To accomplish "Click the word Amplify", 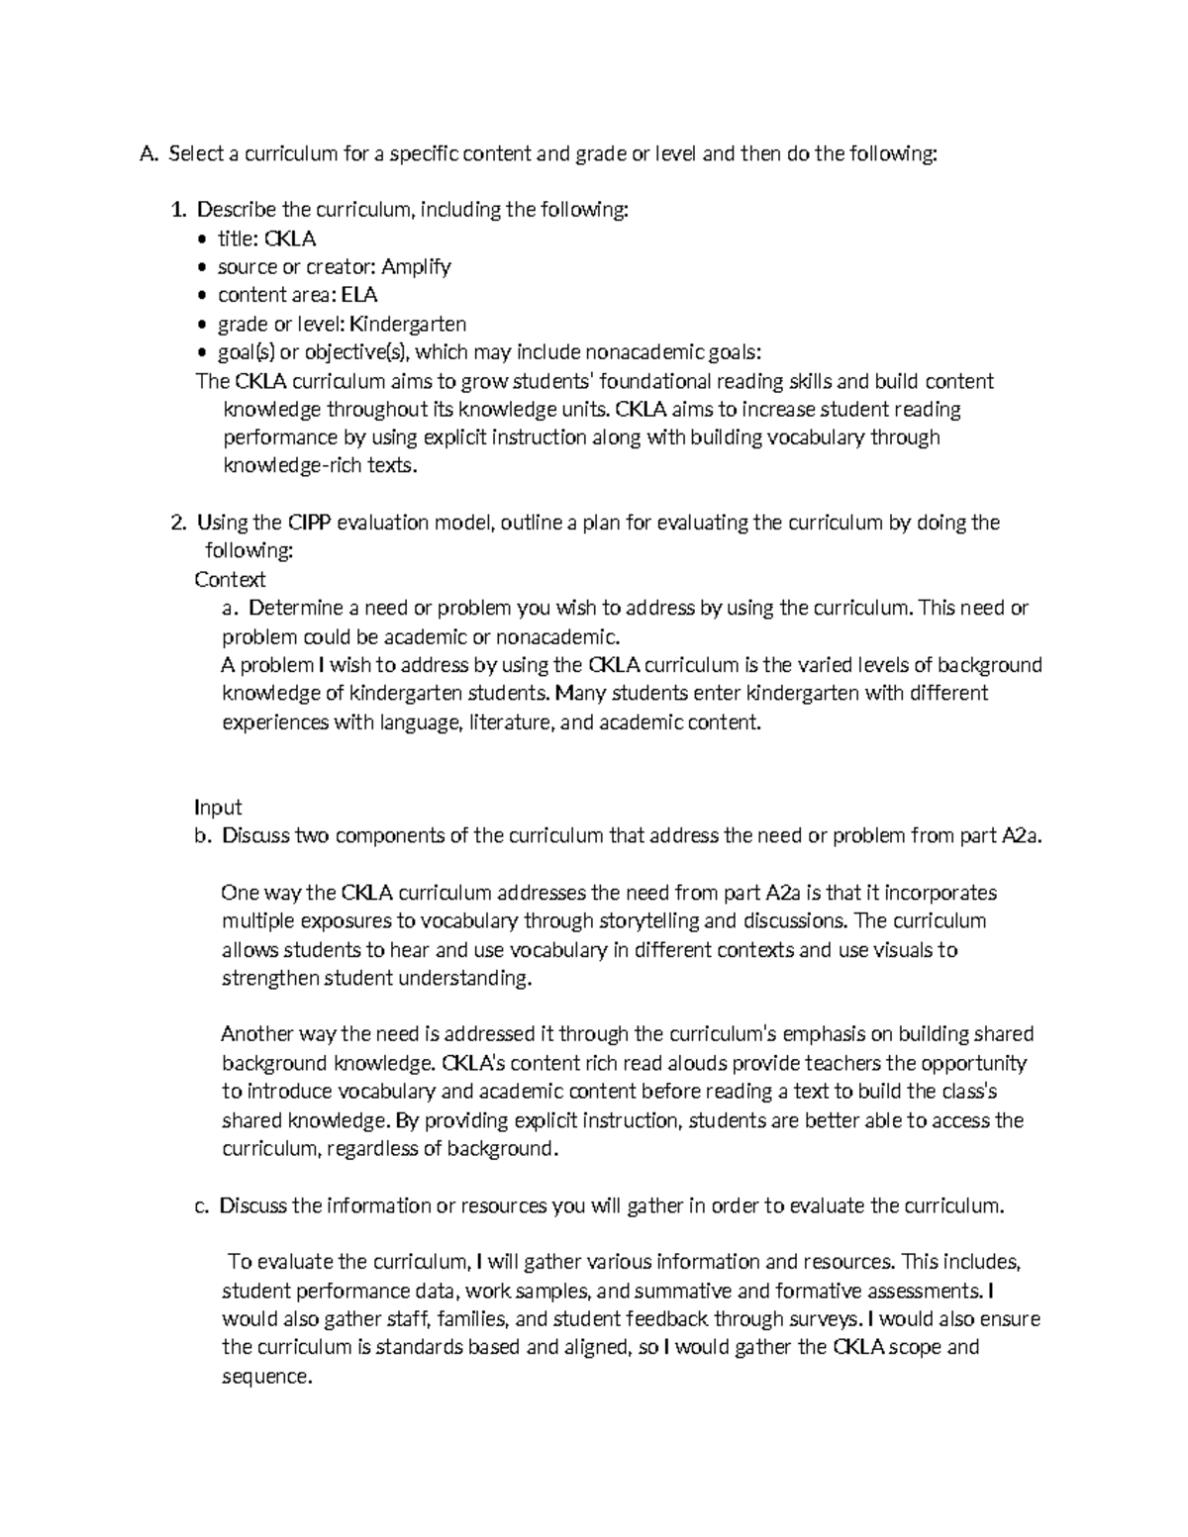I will coord(416,267).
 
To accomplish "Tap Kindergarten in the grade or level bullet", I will coord(408,324).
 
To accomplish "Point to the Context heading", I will coord(230,580).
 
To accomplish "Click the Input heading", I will coord(218,808).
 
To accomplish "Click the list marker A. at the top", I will coord(148,154).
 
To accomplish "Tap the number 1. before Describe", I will coord(178,210).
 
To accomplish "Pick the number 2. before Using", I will coord(178,523).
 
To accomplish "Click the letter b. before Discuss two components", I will coord(203,836).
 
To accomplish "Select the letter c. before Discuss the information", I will coord(202,1206).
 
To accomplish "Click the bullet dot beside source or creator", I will coord(203,268).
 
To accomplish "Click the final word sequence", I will coord(265,1377).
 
